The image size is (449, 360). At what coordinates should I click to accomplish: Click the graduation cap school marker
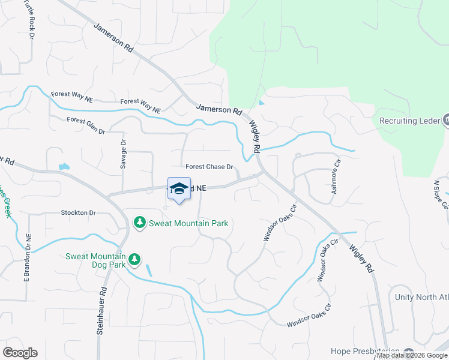point(179,189)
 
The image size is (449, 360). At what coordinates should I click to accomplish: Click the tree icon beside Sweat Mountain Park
point(140,223)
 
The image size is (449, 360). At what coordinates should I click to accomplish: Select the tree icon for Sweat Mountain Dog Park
point(136,259)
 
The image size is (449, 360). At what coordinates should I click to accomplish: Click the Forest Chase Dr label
point(209,167)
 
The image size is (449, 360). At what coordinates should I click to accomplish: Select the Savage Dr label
point(124,154)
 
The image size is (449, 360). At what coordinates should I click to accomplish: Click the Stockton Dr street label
point(78,212)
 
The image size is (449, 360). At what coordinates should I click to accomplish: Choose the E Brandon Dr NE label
point(27,257)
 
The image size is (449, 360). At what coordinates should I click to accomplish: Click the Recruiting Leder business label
point(406,121)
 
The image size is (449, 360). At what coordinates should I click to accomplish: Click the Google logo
point(20,353)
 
